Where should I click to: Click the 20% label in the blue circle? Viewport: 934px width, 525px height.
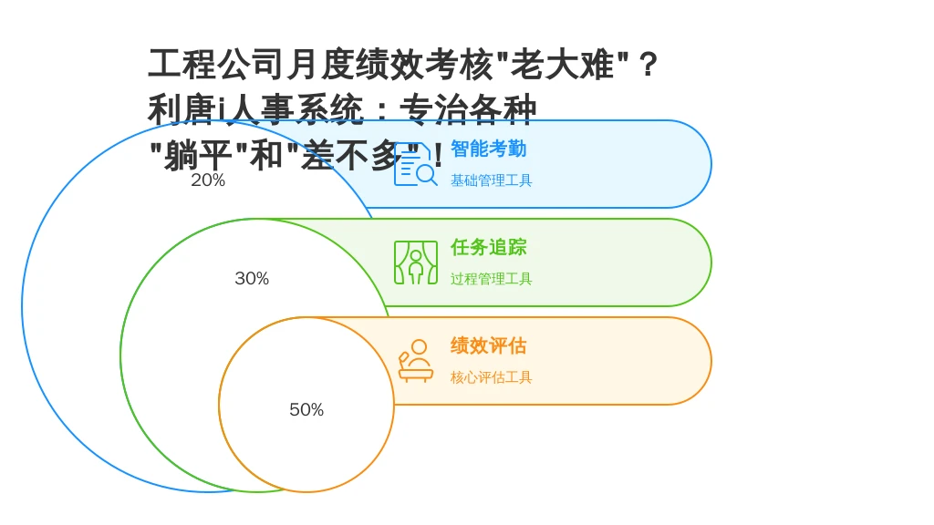pos(208,180)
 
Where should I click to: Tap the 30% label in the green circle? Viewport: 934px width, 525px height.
pos(252,278)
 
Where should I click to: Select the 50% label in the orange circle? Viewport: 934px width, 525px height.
pos(306,409)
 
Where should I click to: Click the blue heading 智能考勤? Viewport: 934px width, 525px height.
pos(489,149)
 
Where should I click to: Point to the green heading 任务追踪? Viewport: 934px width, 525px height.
pos(489,247)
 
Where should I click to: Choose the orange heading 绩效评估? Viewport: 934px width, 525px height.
pos(489,345)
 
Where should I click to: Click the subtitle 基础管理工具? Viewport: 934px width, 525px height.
pos(492,180)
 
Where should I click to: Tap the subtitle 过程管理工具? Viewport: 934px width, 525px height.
pos(492,279)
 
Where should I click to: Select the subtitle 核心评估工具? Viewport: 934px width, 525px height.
pos(492,377)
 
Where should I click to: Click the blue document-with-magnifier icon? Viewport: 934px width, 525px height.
pos(416,164)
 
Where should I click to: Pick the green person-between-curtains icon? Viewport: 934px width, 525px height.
pos(416,262)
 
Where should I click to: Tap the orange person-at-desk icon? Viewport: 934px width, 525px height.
pos(416,361)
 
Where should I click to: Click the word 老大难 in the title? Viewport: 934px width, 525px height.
pos(562,65)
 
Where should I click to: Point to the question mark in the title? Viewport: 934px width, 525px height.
pos(648,65)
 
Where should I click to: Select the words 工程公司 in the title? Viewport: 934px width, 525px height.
pos(216,65)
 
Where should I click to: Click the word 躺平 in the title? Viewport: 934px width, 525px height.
pos(198,156)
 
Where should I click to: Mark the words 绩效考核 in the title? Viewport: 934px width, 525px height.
pos(424,65)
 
